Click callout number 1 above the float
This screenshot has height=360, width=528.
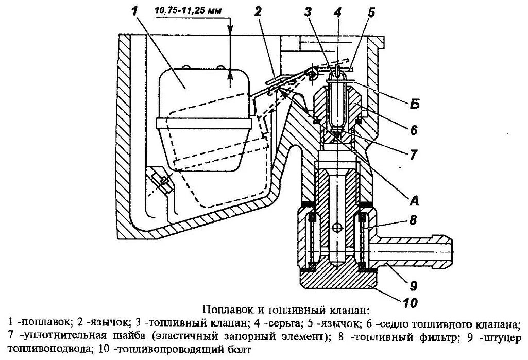[x=135, y=12]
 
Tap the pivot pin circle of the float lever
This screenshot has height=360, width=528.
[x=312, y=75]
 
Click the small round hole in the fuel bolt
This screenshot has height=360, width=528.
[x=336, y=228]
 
